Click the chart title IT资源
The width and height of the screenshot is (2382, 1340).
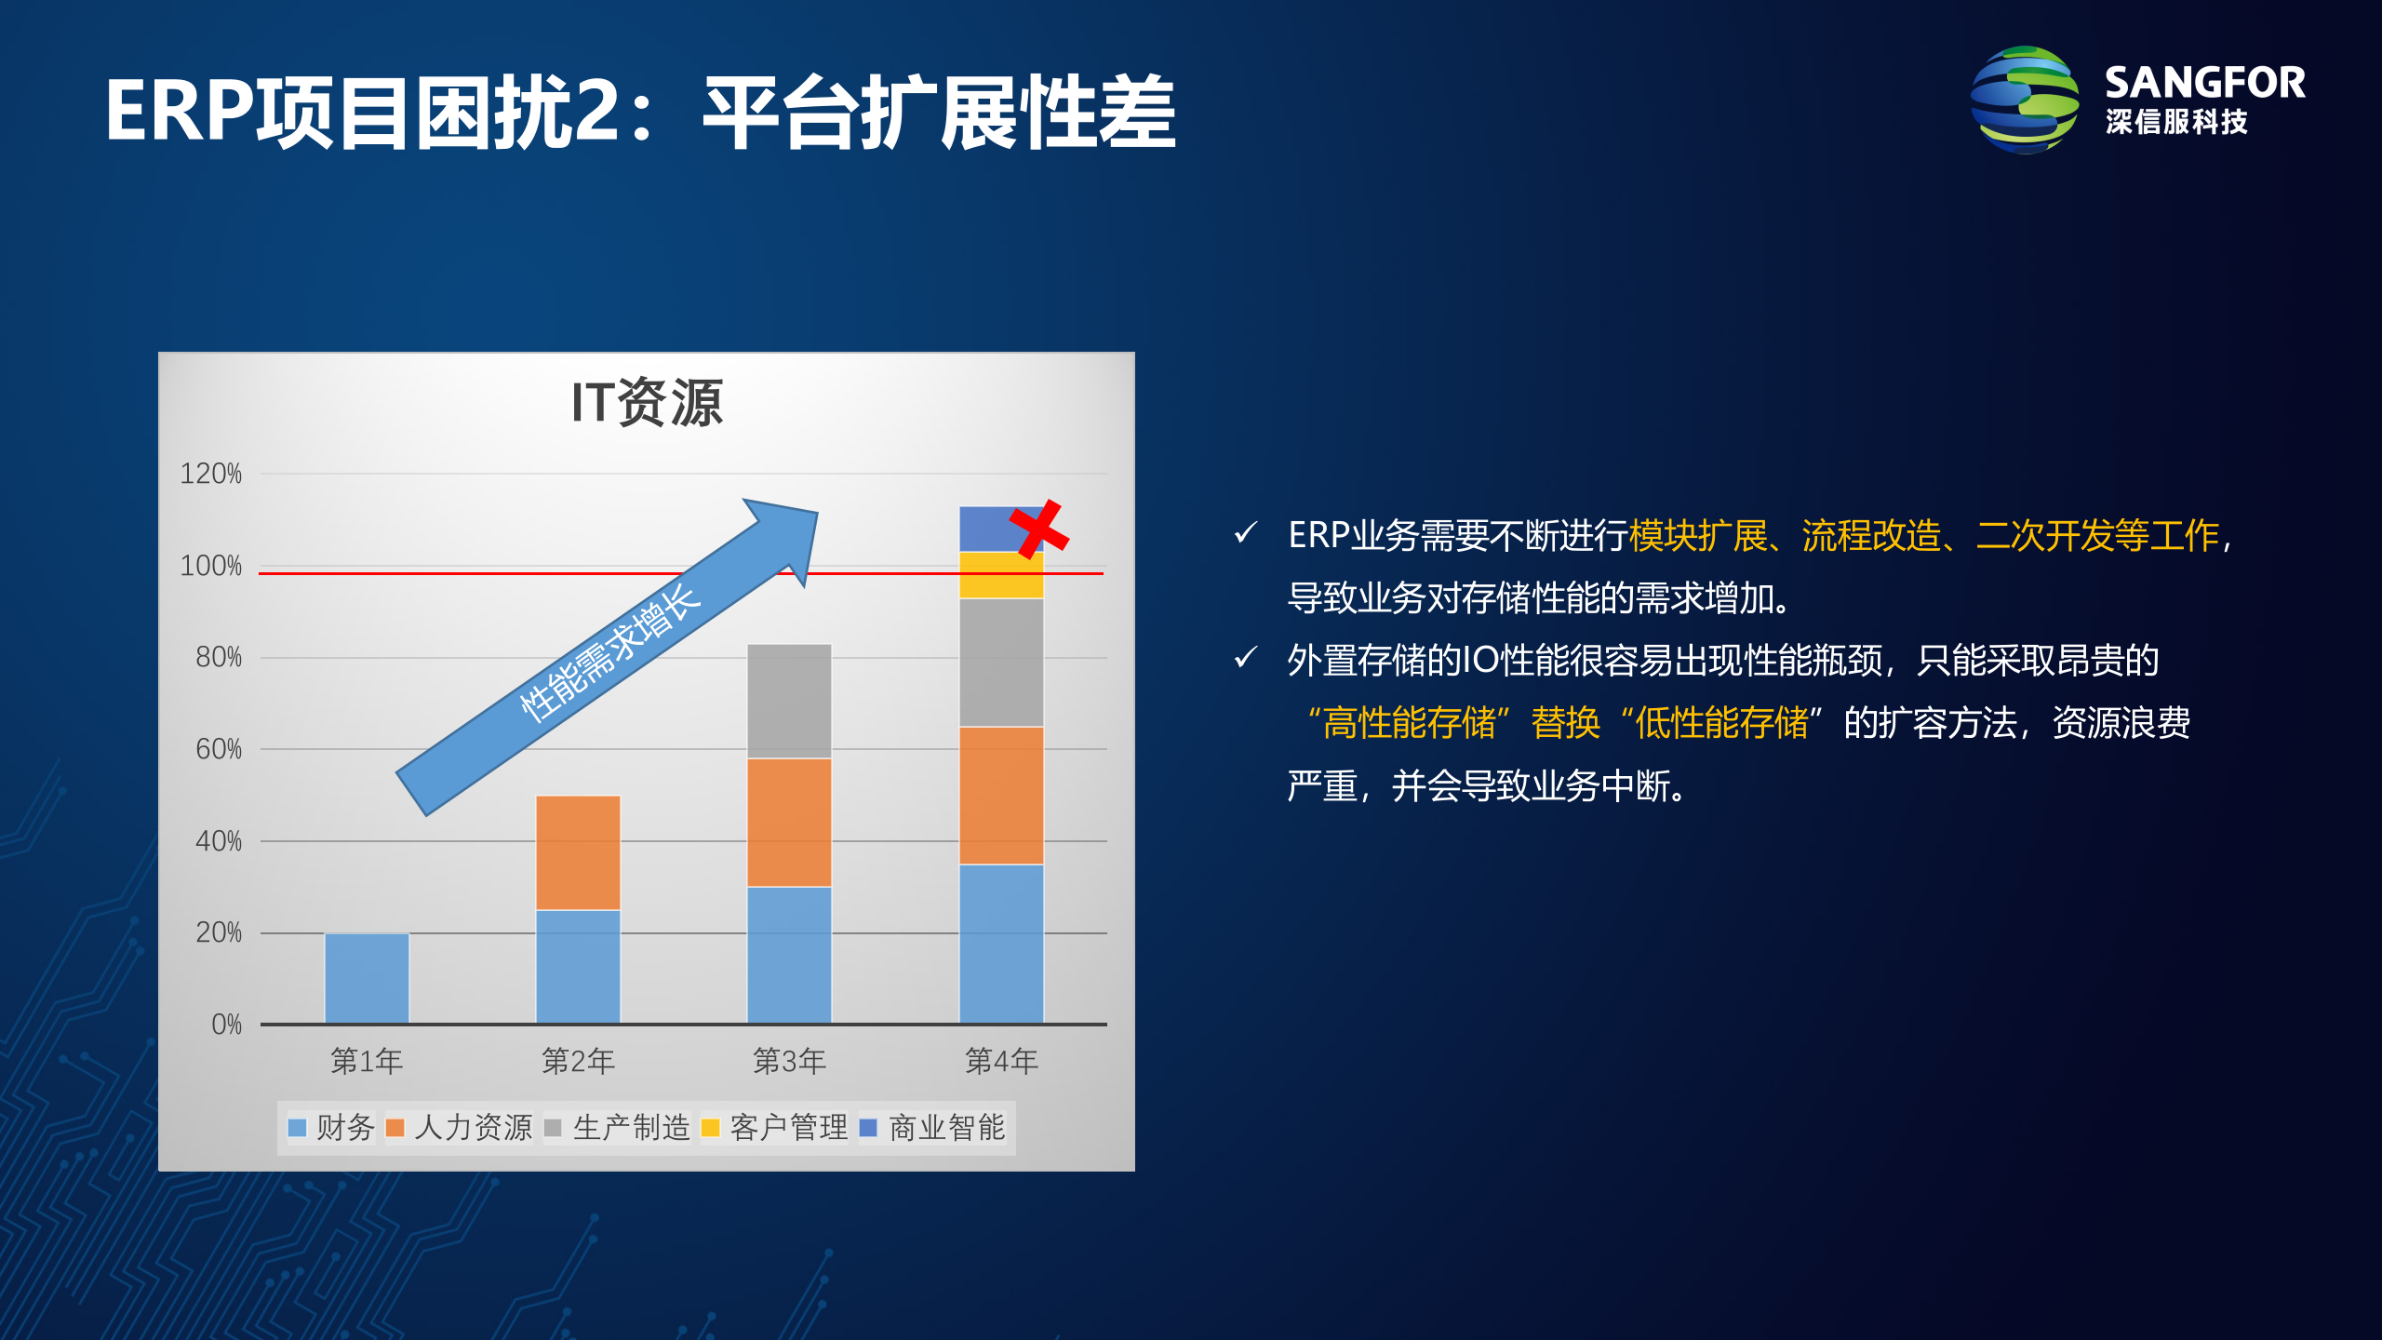[647, 403]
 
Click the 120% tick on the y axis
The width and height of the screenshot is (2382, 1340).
[211, 474]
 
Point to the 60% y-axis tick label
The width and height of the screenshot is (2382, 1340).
[218, 749]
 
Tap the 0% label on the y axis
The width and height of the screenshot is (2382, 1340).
[226, 1025]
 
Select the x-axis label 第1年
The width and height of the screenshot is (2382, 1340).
[367, 1061]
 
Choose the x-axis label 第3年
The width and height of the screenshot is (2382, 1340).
[789, 1061]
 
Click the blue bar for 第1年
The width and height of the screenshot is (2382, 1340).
[367, 977]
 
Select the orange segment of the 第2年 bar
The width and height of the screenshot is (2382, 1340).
[578, 851]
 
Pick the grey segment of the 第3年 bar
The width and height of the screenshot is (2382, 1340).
[789, 700]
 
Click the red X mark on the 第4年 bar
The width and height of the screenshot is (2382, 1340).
[1039, 529]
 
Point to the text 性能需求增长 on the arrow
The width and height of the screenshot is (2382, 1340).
[609, 651]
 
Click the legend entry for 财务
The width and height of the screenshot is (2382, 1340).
[332, 1128]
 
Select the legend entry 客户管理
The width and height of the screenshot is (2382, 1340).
[774, 1128]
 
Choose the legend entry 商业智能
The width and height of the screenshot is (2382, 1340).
[933, 1128]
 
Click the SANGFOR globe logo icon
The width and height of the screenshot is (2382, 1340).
[2025, 100]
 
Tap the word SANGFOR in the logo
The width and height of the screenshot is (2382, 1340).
[2205, 83]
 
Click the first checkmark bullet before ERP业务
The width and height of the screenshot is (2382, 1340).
[1246, 533]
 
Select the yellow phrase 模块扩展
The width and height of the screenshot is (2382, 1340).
[1698, 536]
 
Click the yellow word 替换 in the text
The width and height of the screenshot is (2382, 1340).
[1566, 723]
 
